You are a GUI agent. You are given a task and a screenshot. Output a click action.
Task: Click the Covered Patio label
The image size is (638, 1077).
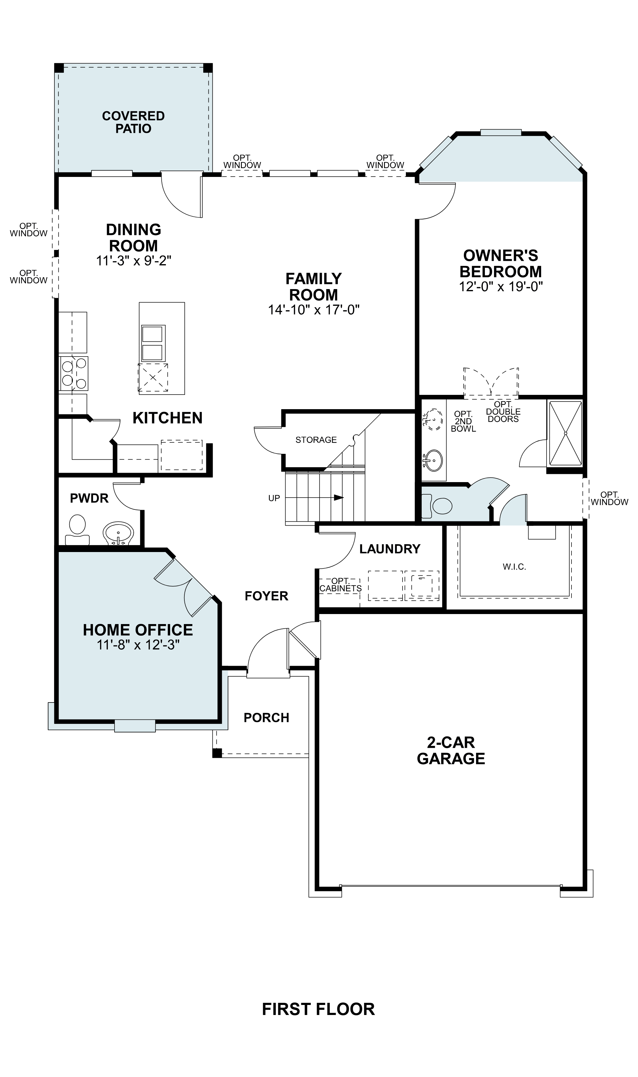[133, 122]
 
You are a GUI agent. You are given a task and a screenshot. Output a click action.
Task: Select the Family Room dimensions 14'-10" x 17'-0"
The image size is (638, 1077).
[314, 310]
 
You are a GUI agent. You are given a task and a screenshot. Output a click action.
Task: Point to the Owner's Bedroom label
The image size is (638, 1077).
[500, 263]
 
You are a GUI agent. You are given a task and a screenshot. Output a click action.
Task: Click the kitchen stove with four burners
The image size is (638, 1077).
[74, 373]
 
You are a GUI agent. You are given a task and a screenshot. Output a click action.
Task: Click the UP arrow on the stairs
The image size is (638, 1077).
[339, 498]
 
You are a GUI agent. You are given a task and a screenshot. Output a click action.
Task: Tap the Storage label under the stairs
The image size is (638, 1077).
[316, 440]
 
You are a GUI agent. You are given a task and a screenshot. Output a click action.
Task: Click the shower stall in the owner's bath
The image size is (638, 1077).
[565, 433]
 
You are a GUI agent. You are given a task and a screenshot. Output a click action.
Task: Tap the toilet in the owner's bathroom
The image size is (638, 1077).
[438, 506]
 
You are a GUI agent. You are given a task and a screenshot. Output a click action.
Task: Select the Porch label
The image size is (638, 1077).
[266, 717]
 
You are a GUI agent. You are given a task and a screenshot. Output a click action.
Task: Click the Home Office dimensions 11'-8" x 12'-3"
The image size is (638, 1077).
[138, 644]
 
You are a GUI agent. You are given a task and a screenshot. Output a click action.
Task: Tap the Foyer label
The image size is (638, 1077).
[266, 596]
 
